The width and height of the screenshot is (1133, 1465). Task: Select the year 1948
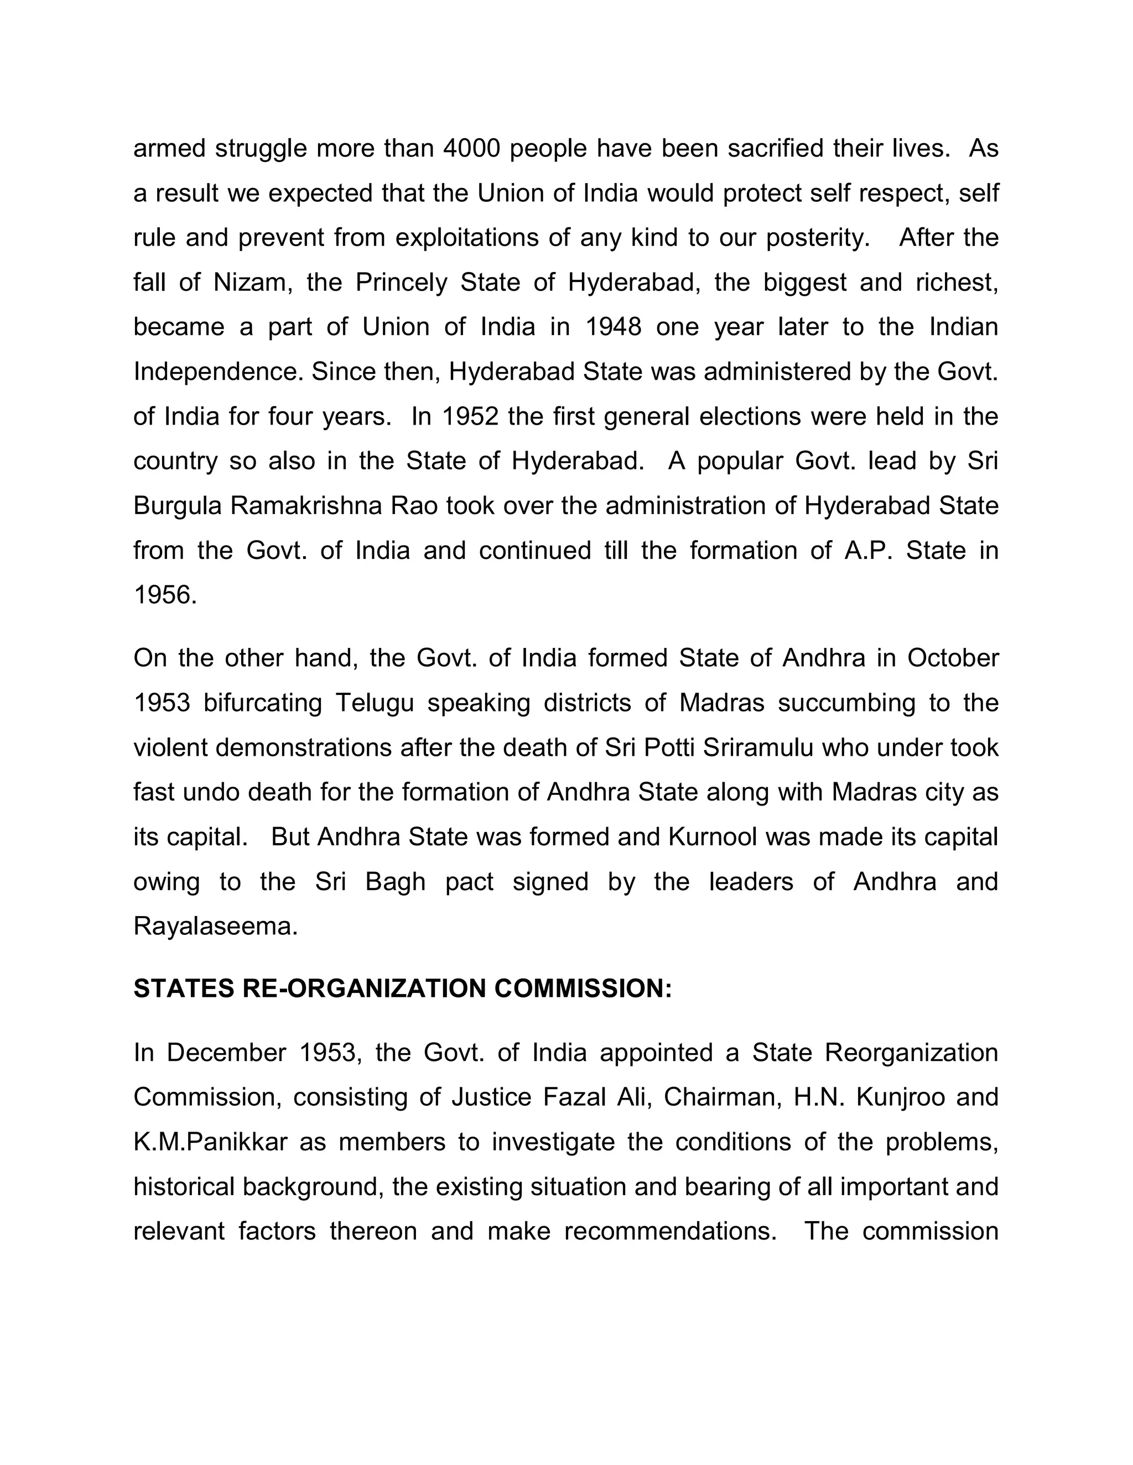point(614,327)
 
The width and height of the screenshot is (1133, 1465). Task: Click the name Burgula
point(177,506)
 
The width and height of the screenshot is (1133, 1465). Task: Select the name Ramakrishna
point(306,506)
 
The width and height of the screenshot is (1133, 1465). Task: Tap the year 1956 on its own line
point(165,595)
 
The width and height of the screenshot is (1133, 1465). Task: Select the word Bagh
point(396,881)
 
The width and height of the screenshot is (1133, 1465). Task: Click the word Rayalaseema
point(215,927)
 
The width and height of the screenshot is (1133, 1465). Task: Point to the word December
point(226,1053)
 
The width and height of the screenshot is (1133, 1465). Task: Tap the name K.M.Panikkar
point(210,1142)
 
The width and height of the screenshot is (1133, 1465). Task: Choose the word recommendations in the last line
point(670,1231)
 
